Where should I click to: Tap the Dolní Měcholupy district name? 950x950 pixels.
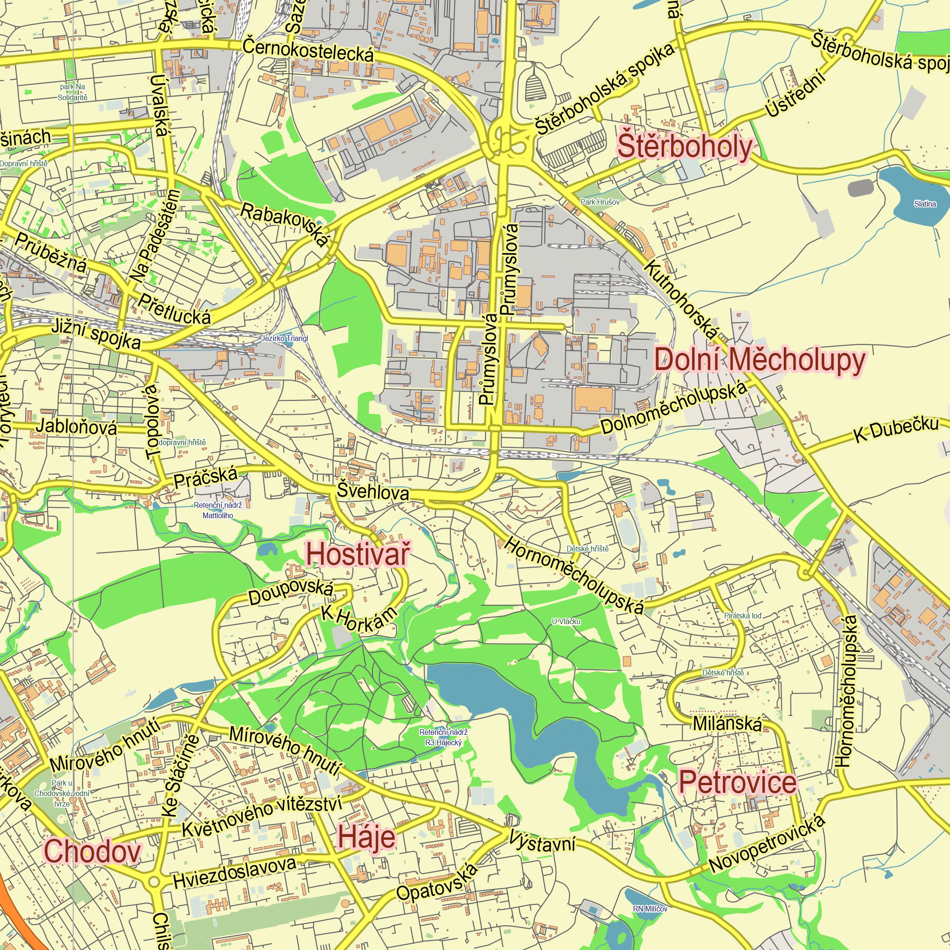point(759,361)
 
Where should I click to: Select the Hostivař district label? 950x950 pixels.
point(357,555)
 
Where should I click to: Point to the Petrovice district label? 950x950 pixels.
point(738,782)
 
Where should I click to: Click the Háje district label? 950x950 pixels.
point(366,837)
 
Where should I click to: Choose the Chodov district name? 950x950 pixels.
point(93,851)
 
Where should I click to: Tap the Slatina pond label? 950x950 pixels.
point(924,204)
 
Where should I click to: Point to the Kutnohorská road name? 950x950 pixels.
point(682,300)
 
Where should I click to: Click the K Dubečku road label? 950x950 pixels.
point(896,429)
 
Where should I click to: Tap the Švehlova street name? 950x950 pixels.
point(373,492)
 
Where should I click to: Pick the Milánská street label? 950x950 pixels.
point(727,724)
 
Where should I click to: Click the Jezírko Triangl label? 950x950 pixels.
point(284,338)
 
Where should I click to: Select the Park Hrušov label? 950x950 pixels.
point(599,201)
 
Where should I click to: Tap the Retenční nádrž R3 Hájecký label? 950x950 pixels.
point(443,738)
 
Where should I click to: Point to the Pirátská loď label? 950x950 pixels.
point(742,616)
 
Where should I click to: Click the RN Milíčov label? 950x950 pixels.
point(650,909)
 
